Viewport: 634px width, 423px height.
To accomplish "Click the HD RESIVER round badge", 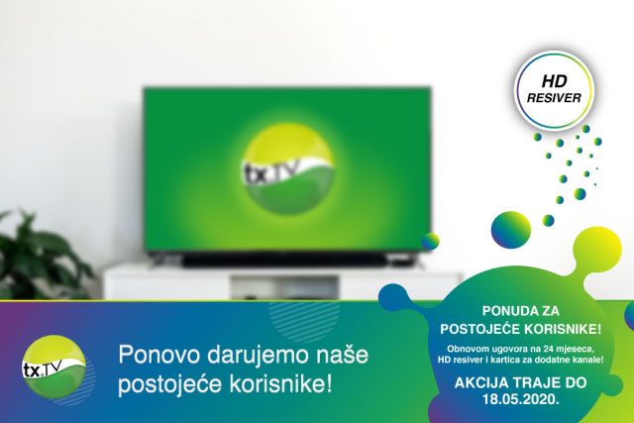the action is tap(554, 90).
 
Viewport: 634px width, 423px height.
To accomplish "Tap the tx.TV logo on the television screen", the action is tap(289, 168).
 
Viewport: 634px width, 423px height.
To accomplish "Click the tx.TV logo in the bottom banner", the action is tap(54, 367).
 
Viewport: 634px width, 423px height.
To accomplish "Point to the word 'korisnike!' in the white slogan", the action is tap(280, 384).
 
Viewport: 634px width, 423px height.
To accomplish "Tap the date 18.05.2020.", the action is tap(521, 399).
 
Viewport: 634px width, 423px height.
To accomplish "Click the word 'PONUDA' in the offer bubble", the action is tap(501, 311).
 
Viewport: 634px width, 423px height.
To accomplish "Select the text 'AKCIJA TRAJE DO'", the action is tap(521, 382).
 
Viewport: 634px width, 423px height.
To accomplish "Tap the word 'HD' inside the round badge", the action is tap(555, 81).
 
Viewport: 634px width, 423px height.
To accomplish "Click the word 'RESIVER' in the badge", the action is tap(554, 98).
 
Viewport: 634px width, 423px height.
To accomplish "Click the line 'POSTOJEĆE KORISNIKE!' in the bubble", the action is tap(521, 329).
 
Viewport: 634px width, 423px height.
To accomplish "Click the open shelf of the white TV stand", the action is tap(284, 287).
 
